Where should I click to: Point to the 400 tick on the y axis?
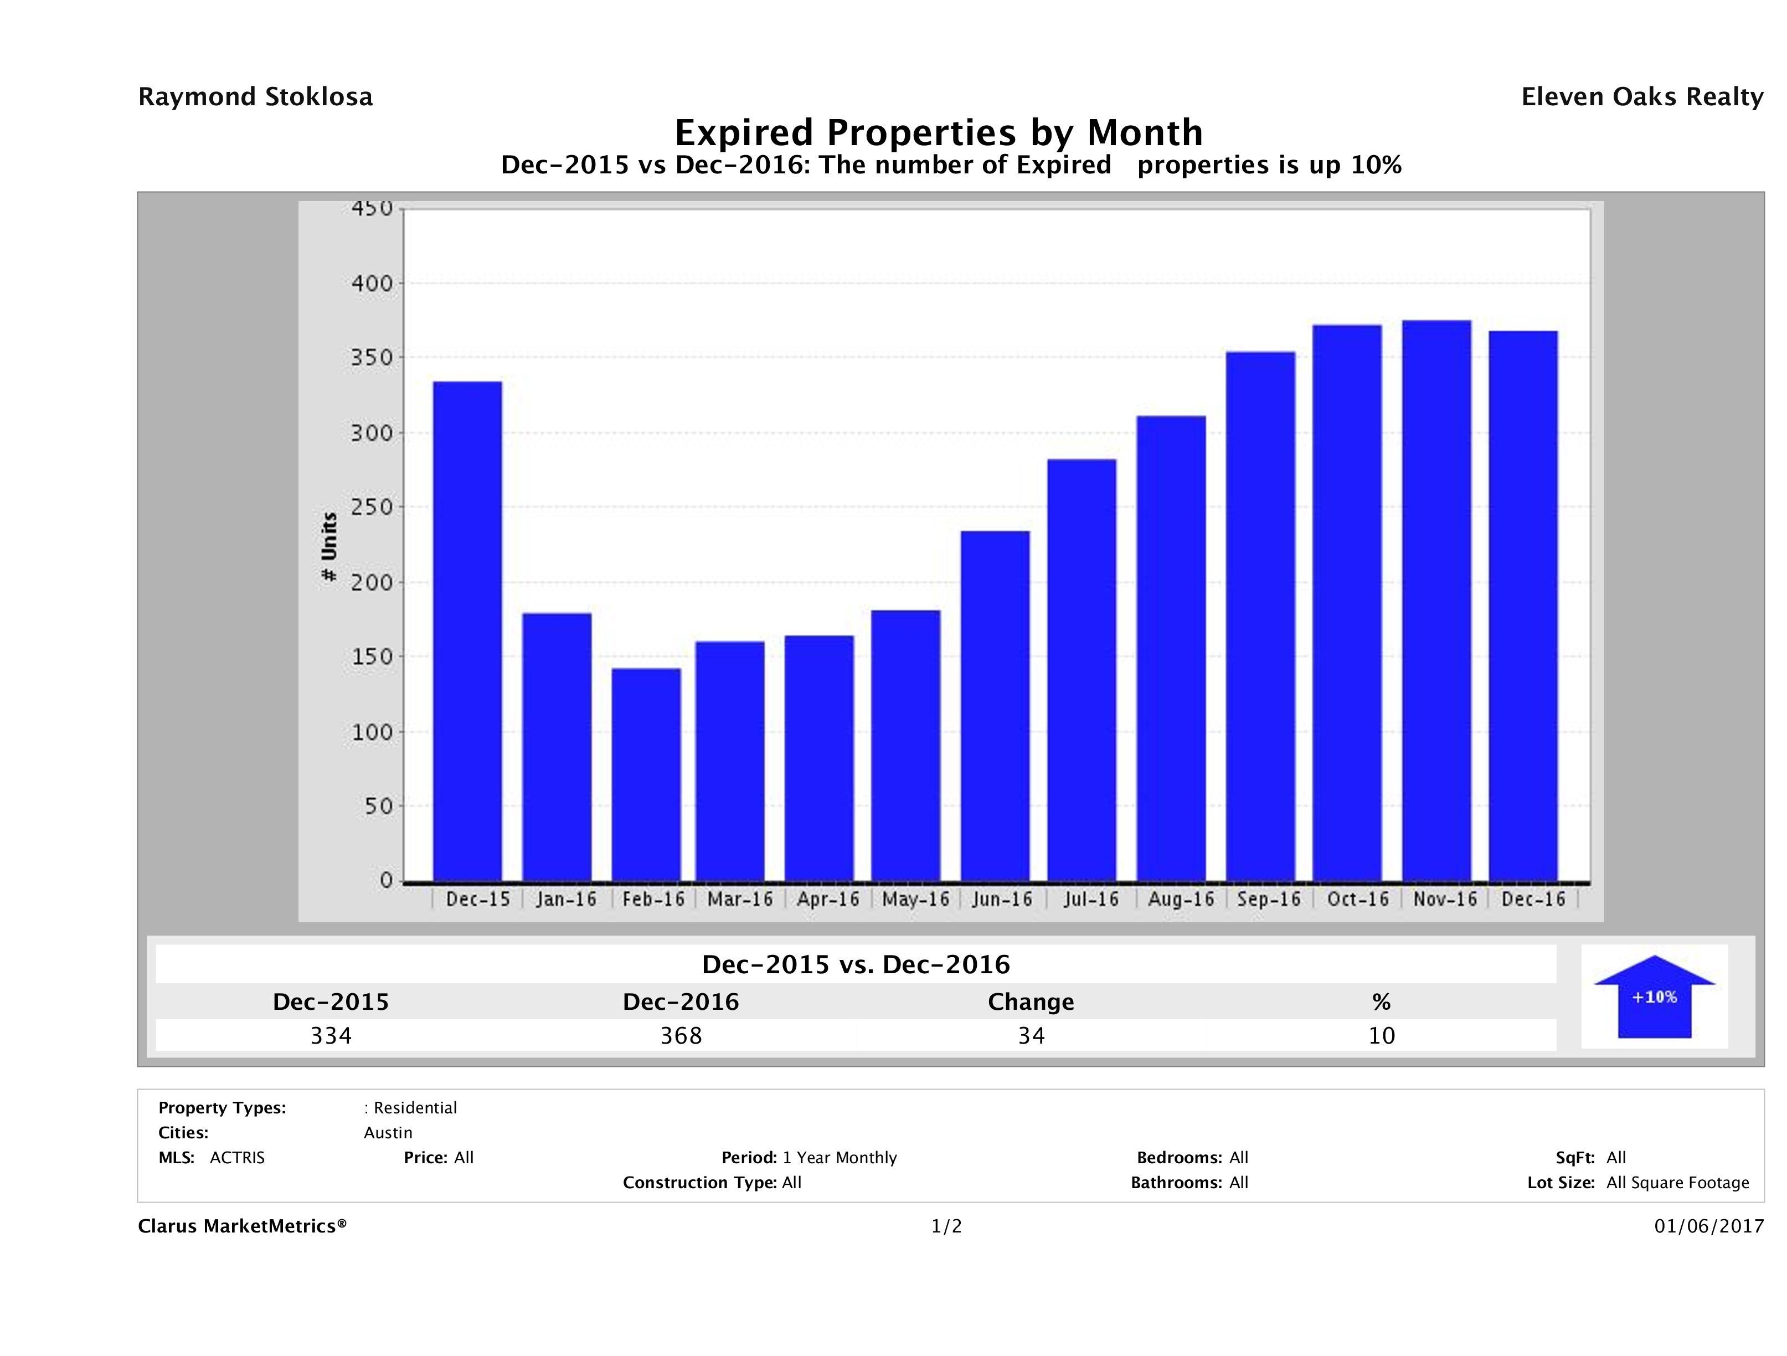pos(372,284)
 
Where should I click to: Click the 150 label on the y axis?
pos(372,656)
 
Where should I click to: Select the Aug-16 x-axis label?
pos(1180,900)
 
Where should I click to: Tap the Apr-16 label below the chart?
pos(828,900)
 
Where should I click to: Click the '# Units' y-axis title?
pos(329,547)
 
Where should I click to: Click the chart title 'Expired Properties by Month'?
pos(939,132)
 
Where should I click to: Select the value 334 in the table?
pos(331,1035)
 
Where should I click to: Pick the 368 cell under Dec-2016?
pos(681,1035)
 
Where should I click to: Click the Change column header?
pos(1031,1002)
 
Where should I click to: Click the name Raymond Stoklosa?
pos(255,97)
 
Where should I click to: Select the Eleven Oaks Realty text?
pos(1641,97)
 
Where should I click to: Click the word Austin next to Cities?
pos(388,1133)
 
